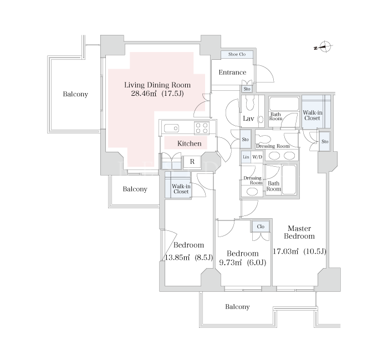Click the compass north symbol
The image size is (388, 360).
click(325, 47)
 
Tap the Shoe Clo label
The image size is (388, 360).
click(237, 54)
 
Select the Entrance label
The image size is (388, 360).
click(232, 73)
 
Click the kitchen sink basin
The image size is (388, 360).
click(171, 128)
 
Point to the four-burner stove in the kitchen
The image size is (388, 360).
click(202, 128)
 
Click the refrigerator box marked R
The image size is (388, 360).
click(192, 162)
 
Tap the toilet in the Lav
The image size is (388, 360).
click(249, 104)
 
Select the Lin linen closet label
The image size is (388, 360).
click(246, 157)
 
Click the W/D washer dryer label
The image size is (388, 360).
click(257, 157)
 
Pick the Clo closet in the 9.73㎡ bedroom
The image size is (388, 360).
click(261, 227)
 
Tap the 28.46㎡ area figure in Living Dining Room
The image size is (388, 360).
click(144, 94)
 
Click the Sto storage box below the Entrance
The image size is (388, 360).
click(247, 89)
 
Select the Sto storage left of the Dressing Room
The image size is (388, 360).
click(245, 140)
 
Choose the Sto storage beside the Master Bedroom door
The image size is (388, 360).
click(325, 141)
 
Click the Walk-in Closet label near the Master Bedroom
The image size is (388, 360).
click(312, 115)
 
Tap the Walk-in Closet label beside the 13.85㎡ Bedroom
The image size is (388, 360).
click(181, 189)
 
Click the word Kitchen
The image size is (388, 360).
click(190, 143)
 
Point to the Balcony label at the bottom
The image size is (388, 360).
click(237, 307)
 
